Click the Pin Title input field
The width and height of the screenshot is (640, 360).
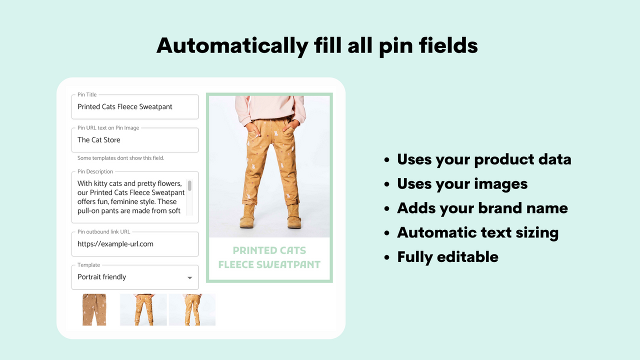135,107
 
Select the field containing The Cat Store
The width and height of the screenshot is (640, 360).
135,140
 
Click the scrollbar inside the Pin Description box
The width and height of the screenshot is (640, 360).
189,186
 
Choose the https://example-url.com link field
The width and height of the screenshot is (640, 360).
135,244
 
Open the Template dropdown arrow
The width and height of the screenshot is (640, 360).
189,277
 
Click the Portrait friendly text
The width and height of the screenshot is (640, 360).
102,277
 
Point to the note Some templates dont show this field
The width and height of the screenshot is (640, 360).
120,158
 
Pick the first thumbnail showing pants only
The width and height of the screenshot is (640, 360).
94,310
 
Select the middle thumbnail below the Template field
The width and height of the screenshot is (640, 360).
143,310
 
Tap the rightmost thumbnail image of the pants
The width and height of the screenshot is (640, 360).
192,310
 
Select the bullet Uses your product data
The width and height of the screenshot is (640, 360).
484,159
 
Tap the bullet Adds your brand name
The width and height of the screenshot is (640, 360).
482,208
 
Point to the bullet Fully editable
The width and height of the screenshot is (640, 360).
447,257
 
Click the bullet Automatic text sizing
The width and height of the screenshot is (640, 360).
477,232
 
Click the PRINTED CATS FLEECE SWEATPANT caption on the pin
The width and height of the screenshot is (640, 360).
269,257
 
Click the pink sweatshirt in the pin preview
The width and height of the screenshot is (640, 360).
270,107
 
